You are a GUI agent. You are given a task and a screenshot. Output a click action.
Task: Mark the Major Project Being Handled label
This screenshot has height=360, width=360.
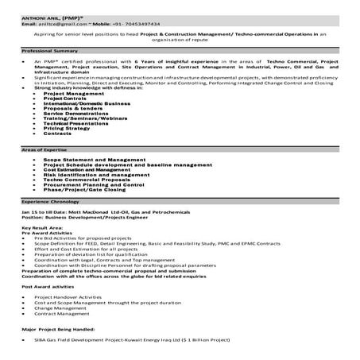coord(60,327)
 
